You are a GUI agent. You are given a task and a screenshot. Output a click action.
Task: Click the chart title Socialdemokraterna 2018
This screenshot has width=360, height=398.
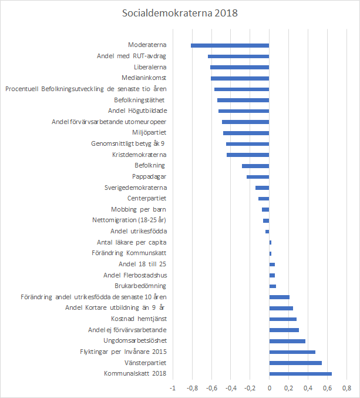tap(180, 13)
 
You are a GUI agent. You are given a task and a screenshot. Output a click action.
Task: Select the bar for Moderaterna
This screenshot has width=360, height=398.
tap(230, 45)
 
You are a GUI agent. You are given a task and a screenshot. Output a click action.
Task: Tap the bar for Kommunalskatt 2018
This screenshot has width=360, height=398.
tap(300, 373)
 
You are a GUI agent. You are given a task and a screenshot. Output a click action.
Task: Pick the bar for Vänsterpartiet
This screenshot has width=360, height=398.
tap(295, 363)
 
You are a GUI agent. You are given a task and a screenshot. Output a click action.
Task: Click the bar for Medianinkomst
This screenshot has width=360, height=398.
tap(240, 78)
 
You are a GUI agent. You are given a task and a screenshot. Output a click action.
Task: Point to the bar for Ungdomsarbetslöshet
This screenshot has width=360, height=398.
tap(287, 341)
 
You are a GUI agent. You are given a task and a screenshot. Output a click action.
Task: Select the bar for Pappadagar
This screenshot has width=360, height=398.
tap(258, 176)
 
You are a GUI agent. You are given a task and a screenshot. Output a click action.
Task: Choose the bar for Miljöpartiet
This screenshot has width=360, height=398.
tap(246, 133)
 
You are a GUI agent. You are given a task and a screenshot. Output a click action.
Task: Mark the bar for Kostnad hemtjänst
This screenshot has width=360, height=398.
tap(282, 319)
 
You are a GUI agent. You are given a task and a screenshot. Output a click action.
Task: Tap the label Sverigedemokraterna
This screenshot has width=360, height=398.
tap(136, 188)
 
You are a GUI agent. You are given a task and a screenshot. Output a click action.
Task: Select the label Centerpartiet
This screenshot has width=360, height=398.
tap(147, 198)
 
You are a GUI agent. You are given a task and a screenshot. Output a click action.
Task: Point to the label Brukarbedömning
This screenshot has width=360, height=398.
tap(140, 286)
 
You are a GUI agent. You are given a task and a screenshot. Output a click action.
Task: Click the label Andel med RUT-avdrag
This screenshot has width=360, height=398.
tap(132, 56)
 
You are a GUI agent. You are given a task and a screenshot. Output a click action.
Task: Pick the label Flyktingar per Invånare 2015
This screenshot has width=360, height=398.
tap(123, 352)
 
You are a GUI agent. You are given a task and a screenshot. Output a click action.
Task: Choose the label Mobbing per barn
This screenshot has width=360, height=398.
tap(139, 209)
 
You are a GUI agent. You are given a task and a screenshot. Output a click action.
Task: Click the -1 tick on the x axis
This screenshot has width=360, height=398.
tap(173, 388)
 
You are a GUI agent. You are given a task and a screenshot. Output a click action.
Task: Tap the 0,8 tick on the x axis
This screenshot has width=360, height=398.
tap(346, 388)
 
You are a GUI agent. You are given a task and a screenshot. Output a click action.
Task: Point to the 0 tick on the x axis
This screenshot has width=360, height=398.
tap(269, 388)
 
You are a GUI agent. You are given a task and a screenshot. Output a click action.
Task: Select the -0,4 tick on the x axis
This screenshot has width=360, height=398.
tap(230, 388)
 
